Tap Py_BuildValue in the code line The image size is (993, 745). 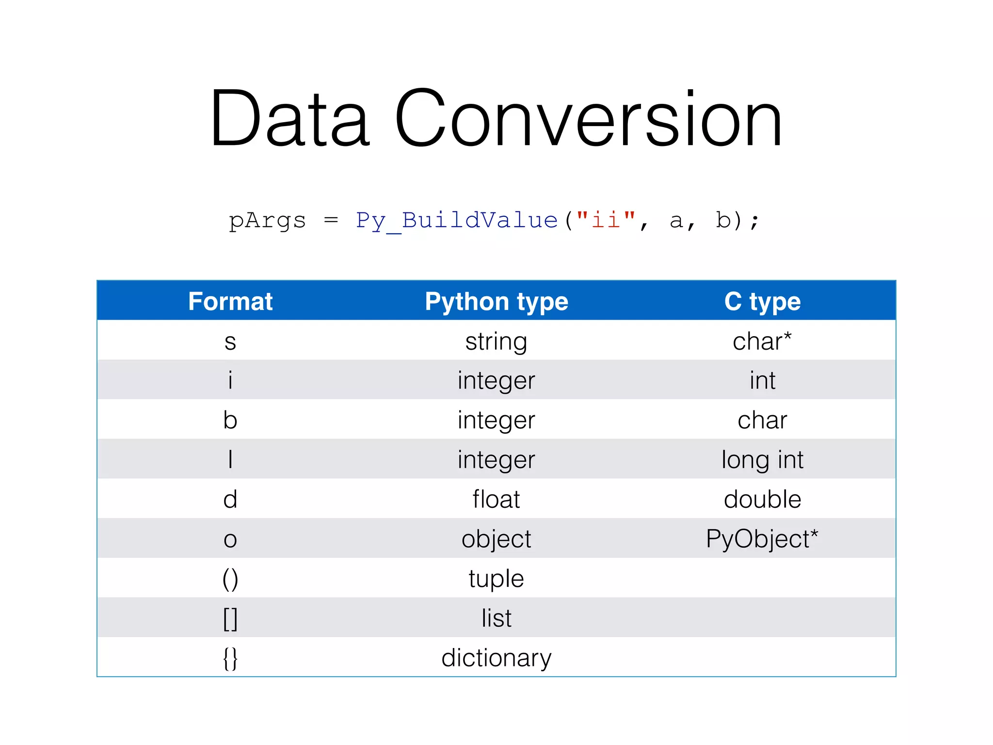(456, 221)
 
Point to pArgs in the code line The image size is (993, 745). (267, 221)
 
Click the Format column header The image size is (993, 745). (230, 301)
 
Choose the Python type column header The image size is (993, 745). (496, 301)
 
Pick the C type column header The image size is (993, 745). (762, 301)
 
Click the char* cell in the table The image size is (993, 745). (762, 341)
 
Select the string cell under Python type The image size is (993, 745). (496, 342)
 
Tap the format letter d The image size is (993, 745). (230, 499)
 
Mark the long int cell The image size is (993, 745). (762, 460)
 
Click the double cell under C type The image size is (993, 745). (762, 499)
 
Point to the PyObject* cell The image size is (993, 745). (762, 539)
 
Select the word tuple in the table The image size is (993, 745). (496, 579)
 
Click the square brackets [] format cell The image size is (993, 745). (230, 618)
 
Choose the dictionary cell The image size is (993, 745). (496, 658)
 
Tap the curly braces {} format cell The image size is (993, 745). (230, 658)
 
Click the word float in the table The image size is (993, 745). (496, 499)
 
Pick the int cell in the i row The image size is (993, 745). (762, 380)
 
